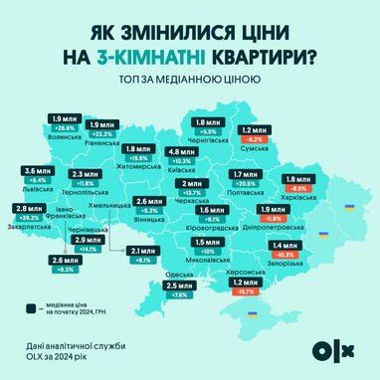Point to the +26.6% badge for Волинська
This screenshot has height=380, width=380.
[64, 127]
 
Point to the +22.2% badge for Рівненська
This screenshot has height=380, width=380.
[103, 133]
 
